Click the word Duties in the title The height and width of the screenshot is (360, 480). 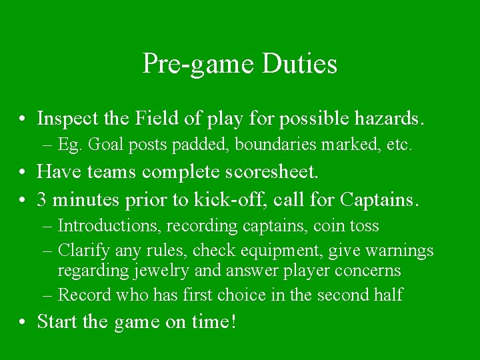tap(300, 64)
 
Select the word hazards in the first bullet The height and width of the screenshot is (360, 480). tap(392, 119)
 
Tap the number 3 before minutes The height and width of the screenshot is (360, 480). tap(42, 199)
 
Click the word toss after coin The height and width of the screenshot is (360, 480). tap(364, 227)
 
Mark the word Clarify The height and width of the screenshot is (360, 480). tap(84, 251)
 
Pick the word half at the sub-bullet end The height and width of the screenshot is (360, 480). tap(389, 295)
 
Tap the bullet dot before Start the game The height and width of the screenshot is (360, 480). tap(23, 323)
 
